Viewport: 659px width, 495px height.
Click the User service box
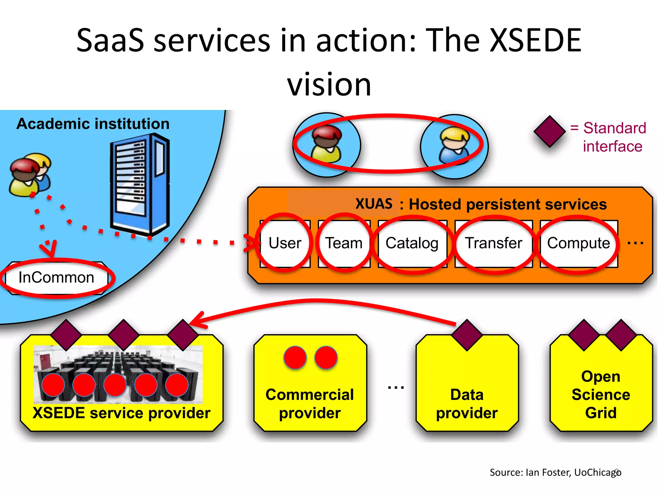[285, 243]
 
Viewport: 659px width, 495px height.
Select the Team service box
[344, 243]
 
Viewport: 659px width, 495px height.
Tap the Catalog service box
[412, 243]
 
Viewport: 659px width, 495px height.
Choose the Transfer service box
[494, 243]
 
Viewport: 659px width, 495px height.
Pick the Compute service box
[579, 243]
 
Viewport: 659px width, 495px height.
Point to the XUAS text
[374, 204]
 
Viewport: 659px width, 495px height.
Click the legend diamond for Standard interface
[550, 131]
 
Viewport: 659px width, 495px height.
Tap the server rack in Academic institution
[140, 184]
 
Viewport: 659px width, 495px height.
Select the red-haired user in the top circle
[326, 144]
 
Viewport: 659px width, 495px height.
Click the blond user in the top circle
[454, 146]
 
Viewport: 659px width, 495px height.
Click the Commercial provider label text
[310, 404]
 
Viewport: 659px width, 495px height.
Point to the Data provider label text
[467, 404]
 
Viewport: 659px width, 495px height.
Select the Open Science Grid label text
[601, 395]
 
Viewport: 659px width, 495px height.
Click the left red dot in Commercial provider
[295, 357]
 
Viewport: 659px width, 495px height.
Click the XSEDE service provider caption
[121, 413]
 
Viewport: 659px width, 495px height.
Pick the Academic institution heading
[93, 124]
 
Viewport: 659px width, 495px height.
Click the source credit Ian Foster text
[555, 472]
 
